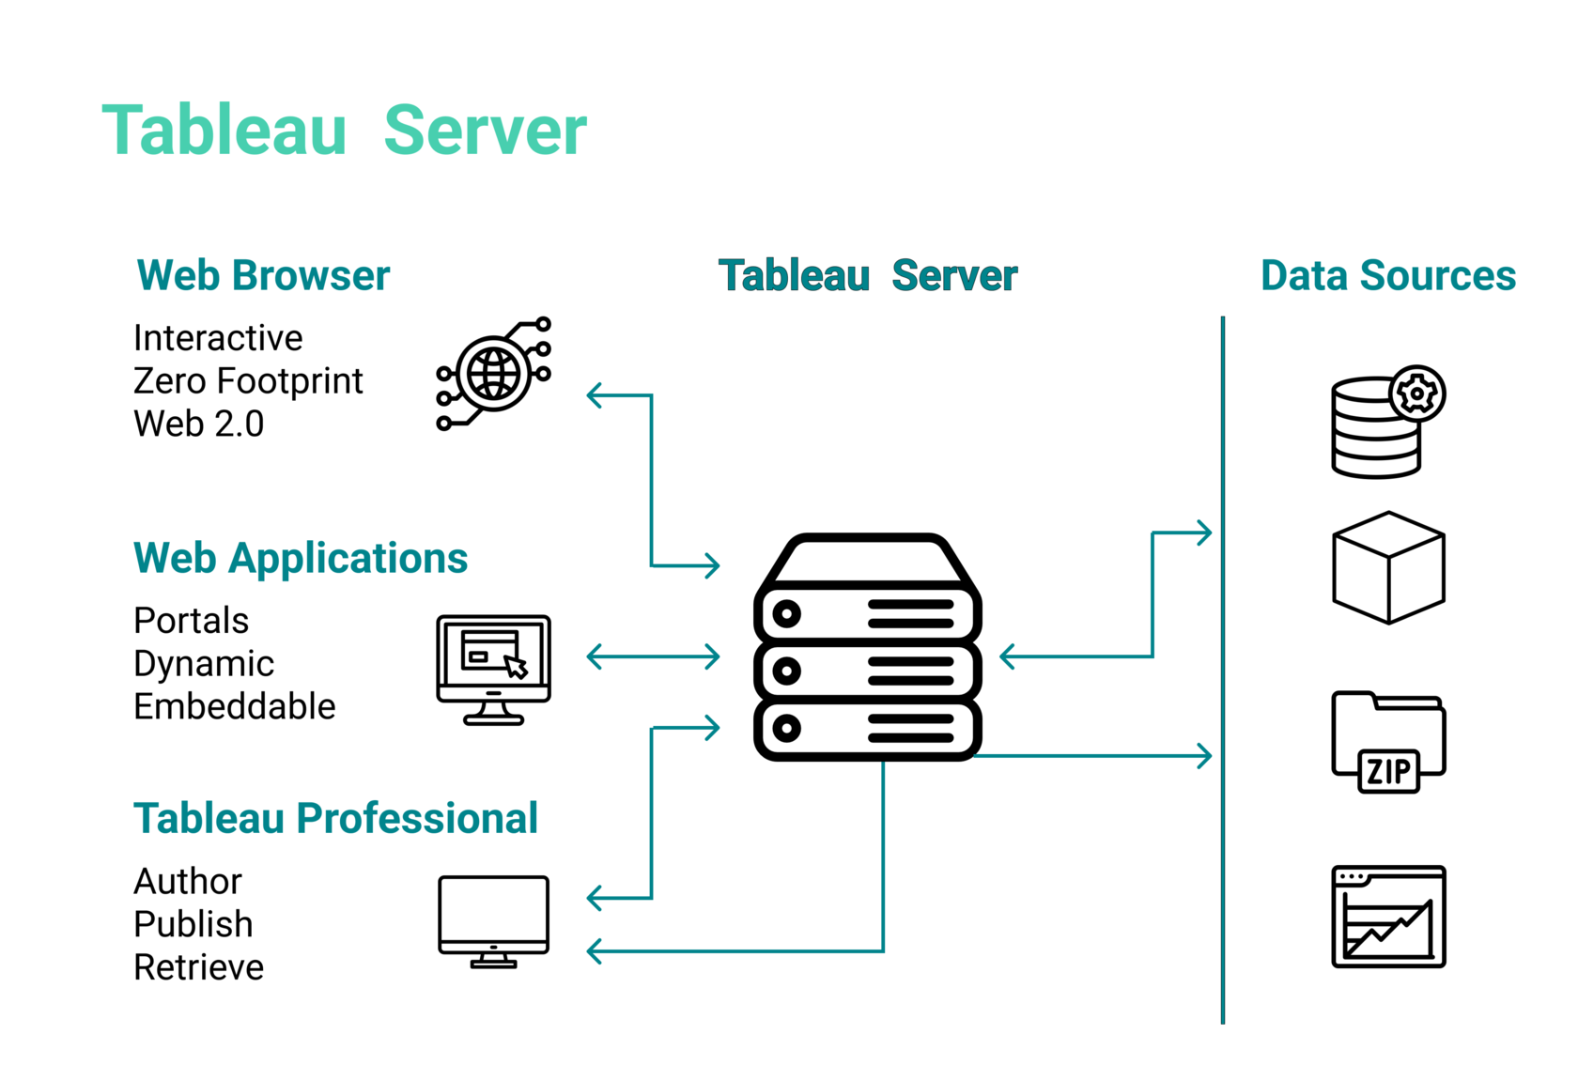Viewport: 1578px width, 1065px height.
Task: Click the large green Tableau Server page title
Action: point(344,131)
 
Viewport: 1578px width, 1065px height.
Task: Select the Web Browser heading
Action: point(263,276)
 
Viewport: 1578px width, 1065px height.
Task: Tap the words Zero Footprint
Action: point(248,381)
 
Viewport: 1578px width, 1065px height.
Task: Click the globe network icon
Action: point(494,375)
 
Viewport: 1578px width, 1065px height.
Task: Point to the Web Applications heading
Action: point(301,559)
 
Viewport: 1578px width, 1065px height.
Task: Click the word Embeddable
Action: point(235,707)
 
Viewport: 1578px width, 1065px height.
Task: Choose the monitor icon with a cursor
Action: point(493,669)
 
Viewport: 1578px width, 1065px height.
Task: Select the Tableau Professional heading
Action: point(335,819)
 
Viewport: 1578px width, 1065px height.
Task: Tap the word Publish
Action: point(193,925)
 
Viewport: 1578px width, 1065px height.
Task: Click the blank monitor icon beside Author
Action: point(493,920)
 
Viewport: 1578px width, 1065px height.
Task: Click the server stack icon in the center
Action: point(868,648)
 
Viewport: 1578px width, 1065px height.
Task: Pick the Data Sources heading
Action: point(1387,276)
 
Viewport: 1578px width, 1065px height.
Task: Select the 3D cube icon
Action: point(1388,568)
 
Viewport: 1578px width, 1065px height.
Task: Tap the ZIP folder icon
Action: point(1388,742)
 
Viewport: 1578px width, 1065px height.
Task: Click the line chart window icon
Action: point(1388,918)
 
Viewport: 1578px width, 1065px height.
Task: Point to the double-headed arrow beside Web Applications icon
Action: point(653,656)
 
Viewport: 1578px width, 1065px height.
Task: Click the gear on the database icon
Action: point(1417,394)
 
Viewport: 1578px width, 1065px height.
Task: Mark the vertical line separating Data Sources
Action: point(1223,667)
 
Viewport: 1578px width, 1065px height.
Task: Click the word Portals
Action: point(192,622)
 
